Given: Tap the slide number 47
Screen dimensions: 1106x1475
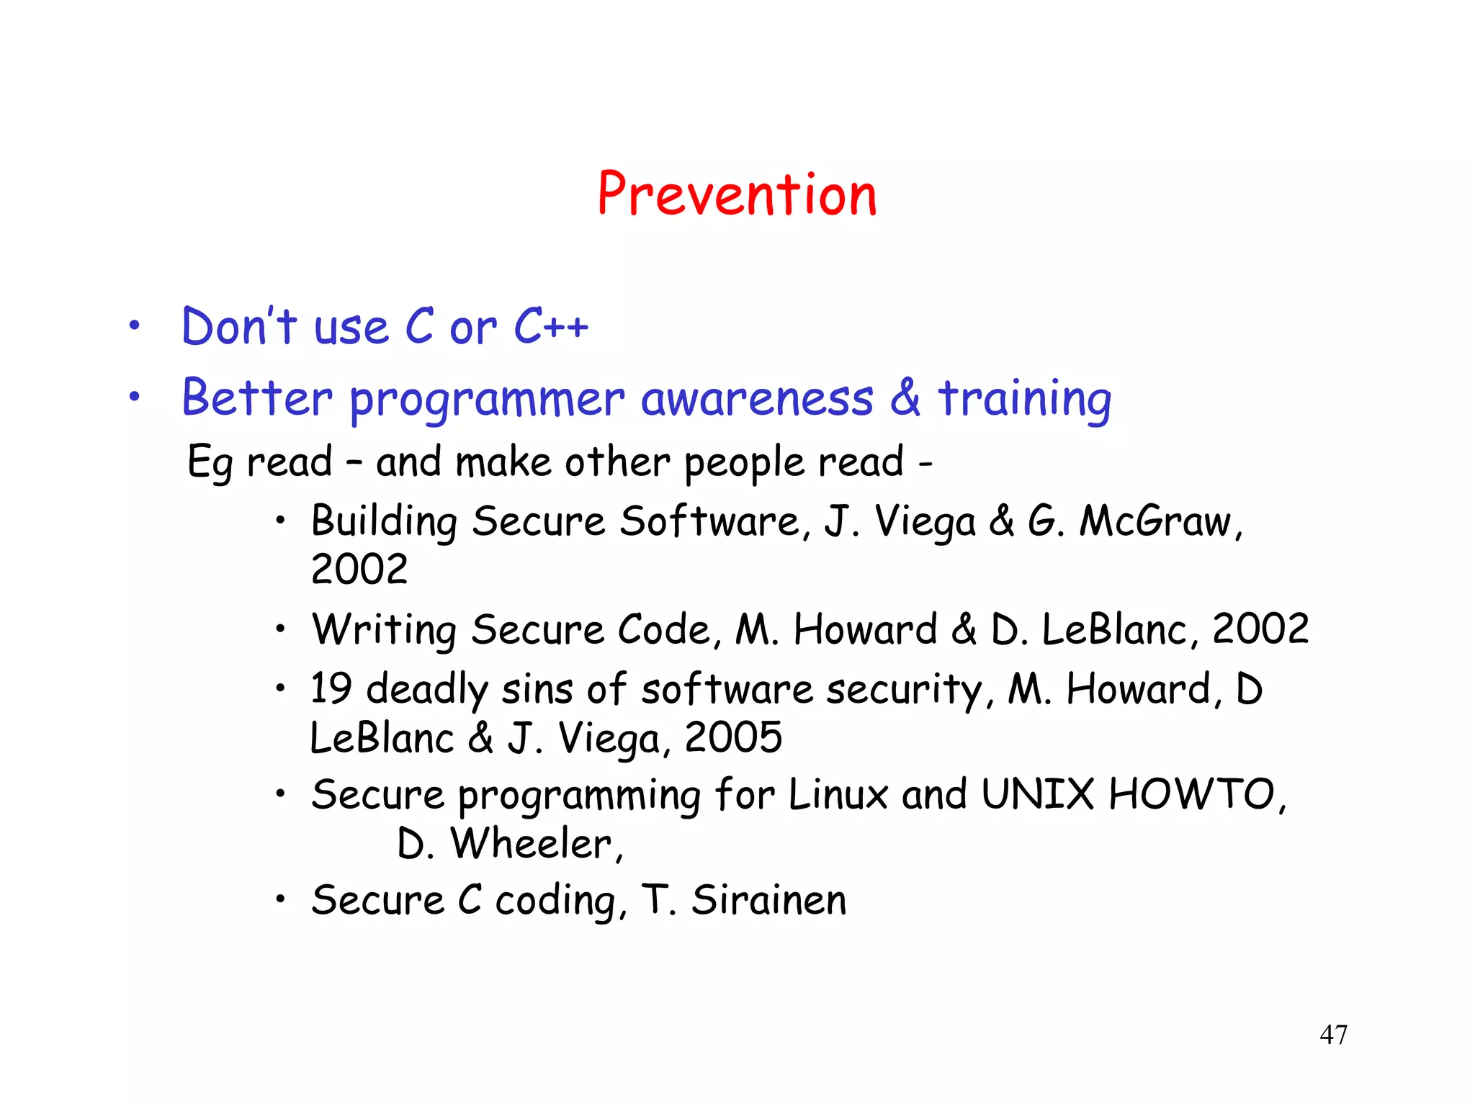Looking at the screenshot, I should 1333,1035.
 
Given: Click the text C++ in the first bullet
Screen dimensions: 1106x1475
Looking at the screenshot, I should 550,326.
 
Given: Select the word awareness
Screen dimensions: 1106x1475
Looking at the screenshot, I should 757,398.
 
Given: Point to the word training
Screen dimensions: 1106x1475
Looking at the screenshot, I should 1024,398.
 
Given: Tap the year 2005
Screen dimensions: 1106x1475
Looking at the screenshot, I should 733,737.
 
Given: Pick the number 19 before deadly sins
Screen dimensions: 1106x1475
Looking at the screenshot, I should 331,688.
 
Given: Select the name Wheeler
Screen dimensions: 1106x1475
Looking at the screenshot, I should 532,843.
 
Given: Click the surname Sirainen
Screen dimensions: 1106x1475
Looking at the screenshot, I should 768,900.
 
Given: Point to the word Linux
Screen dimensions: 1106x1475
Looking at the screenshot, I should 838,794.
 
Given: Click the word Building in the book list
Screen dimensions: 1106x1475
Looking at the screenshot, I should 384,521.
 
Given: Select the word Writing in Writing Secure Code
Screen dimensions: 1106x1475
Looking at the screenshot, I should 384,629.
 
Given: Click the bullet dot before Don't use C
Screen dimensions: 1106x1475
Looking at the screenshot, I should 134,326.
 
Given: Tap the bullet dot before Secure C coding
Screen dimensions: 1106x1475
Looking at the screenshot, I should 281,899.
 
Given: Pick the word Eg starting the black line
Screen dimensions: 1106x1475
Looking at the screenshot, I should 209,462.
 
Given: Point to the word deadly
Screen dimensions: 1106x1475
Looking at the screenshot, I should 427,689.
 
